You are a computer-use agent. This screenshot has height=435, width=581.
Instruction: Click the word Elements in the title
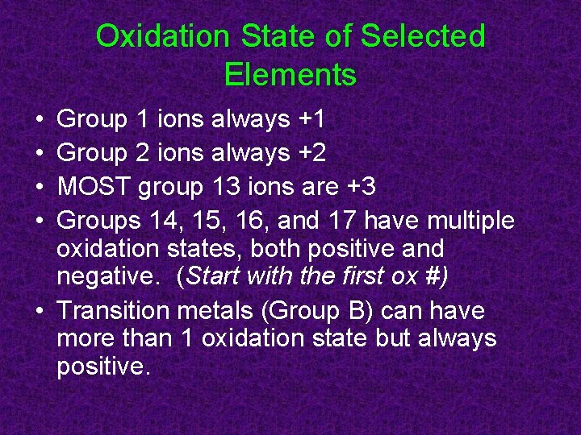290,75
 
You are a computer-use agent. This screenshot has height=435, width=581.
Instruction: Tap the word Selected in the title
423,36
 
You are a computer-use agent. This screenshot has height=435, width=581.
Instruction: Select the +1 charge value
311,120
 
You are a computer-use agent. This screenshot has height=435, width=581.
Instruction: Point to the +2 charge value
311,153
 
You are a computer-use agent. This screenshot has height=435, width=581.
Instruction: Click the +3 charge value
361,187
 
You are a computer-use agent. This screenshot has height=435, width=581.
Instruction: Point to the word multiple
470,220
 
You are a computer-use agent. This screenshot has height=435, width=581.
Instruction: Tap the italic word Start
213,276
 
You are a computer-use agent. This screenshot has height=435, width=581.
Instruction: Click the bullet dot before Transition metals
40,311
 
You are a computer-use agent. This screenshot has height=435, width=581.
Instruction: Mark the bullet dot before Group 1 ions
40,121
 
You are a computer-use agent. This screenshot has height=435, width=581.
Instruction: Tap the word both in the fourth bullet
286,248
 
